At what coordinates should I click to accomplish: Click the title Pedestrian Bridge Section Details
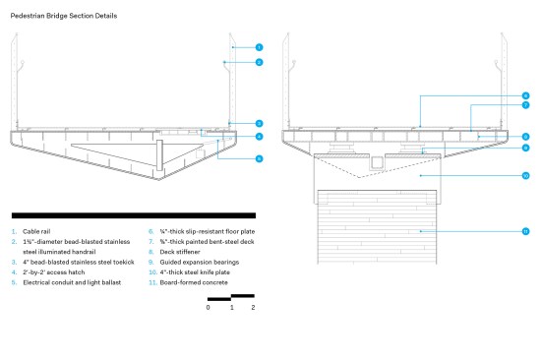[x=64, y=16]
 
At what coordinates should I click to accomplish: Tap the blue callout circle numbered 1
[x=259, y=47]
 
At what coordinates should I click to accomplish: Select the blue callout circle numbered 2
[x=259, y=62]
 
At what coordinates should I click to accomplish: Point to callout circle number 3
[x=259, y=123]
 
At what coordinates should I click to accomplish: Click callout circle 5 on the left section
[x=259, y=158]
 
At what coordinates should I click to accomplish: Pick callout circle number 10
[x=525, y=176]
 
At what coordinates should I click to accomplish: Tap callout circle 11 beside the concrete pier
[x=525, y=231]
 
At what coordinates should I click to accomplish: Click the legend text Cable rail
[x=36, y=231]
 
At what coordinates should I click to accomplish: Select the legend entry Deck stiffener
[x=180, y=252]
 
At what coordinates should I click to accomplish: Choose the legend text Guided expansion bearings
[x=200, y=262]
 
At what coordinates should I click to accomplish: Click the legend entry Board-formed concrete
[x=194, y=282]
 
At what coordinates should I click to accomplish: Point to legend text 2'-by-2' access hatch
[x=54, y=272]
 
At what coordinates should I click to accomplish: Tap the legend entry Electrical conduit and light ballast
[x=72, y=282]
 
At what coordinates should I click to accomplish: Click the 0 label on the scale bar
[x=209, y=307]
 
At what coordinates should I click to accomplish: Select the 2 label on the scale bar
[x=253, y=307]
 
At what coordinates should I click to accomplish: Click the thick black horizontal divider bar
[x=134, y=215]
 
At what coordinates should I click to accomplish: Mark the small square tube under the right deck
[x=377, y=163]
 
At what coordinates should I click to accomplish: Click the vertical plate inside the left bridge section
[x=159, y=155]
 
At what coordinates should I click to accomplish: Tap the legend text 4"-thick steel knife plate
[x=195, y=272]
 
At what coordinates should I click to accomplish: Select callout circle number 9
[x=525, y=148]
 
